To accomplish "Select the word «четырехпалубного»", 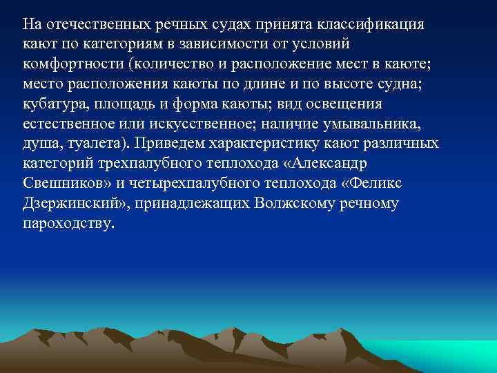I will pyautogui.click(x=180, y=184).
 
